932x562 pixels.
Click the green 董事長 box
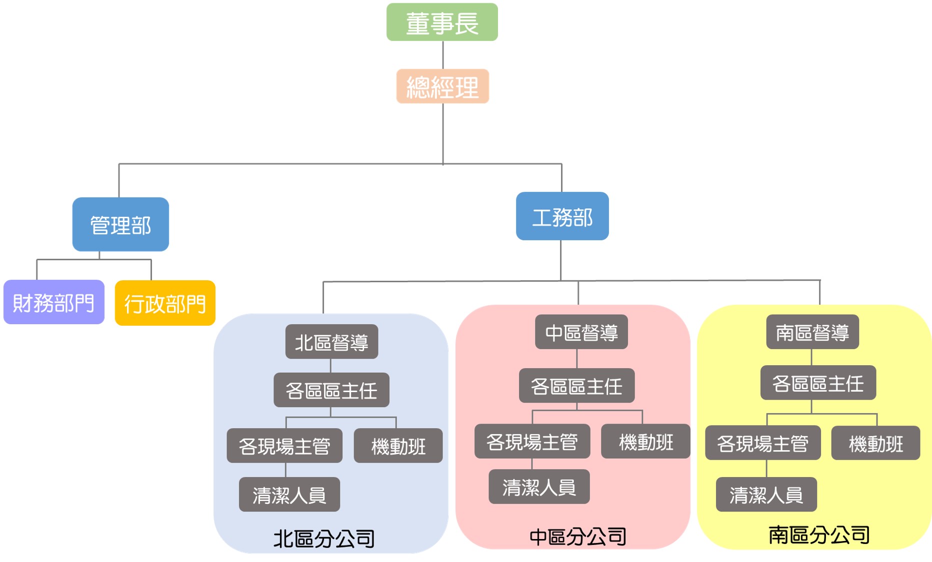pos(442,22)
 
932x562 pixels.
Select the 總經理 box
pos(442,86)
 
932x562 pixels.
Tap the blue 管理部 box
pos(120,224)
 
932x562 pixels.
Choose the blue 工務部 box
pos(562,216)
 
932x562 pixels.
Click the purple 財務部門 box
pos(54,302)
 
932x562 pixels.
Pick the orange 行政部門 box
pos(165,303)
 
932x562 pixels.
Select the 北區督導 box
pos(331,342)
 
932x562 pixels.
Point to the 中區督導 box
pos(581,332)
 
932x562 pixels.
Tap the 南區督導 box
pos(812,332)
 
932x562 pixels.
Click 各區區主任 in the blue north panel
pos(331,390)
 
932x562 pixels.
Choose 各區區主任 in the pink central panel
pos(576,386)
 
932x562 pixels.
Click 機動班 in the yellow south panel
pos(875,443)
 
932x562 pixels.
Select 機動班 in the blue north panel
pos(398,446)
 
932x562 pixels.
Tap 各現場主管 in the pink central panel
pos(532,441)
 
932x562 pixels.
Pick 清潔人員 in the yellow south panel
pos(766,495)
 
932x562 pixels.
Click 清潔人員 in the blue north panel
pos(289,495)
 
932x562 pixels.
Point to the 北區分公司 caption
pos(324,539)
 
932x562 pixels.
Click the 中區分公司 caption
pos(577,537)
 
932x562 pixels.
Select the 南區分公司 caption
pos(819,535)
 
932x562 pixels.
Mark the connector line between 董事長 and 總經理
pos(443,55)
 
